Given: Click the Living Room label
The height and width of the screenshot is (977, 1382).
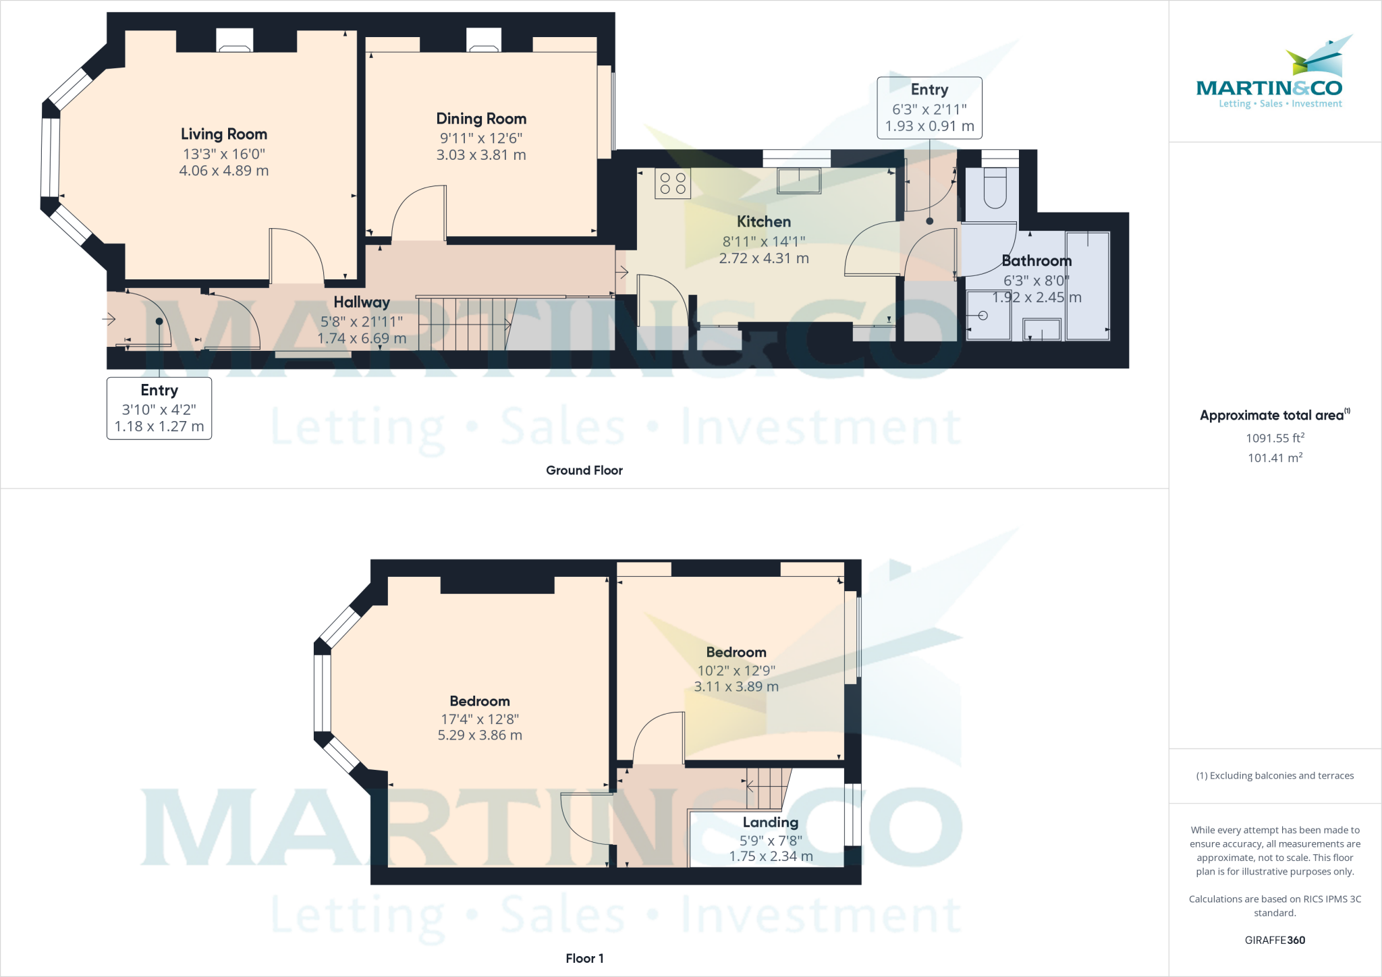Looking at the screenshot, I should pyautogui.click(x=223, y=134).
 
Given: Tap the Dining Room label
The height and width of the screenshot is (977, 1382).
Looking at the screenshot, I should pyautogui.click(x=481, y=119).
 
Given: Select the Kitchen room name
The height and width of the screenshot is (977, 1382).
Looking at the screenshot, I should pyautogui.click(x=763, y=221).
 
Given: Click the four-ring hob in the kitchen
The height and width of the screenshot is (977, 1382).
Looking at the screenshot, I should pyautogui.click(x=672, y=184).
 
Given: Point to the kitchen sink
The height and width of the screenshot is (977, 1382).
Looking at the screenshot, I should pyautogui.click(x=799, y=181).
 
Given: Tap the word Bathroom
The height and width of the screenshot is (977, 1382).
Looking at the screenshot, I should pyautogui.click(x=1036, y=260).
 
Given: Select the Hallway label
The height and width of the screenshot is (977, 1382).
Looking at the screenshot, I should pyautogui.click(x=362, y=302).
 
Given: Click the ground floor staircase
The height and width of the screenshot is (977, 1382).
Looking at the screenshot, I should pyautogui.click(x=466, y=324).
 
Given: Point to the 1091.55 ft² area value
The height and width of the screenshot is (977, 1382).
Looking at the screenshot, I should pyautogui.click(x=1275, y=438).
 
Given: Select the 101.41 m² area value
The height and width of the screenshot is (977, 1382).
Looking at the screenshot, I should pyautogui.click(x=1275, y=458).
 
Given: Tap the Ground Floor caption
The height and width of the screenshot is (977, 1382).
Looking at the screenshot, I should pyautogui.click(x=584, y=470).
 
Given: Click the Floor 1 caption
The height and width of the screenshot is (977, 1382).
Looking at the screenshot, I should pyautogui.click(x=584, y=958).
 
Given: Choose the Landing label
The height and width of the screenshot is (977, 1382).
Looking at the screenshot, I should pyautogui.click(x=771, y=822).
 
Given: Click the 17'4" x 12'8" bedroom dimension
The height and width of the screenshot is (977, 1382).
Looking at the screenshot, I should pyautogui.click(x=480, y=719).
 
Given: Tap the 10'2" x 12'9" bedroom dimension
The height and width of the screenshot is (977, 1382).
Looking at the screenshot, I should pyautogui.click(x=736, y=671).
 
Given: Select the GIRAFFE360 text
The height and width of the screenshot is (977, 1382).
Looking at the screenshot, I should pyautogui.click(x=1275, y=940).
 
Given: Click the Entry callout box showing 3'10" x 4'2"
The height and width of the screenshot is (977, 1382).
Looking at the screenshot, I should pyautogui.click(x=159, y=408).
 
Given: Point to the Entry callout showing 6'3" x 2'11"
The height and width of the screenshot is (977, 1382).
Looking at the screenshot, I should pyautogui.click(x=929, y=108).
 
